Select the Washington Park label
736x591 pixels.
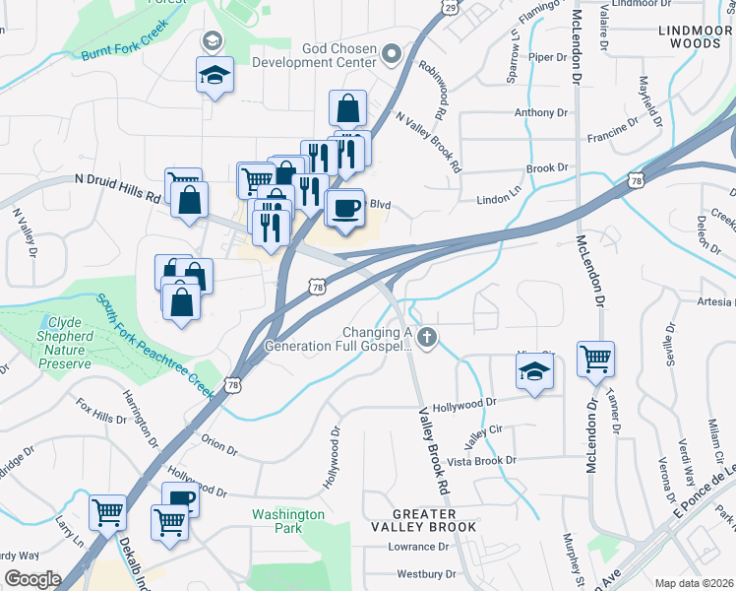click(288, 521)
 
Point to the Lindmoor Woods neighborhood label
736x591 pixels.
click(695, 37)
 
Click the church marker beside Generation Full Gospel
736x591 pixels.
click(426, 339)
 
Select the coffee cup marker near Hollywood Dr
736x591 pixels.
click(179, 501)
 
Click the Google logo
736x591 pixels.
click(31, 579)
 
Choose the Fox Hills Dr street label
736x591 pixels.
click(101, 411)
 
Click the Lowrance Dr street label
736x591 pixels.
click(417, 547)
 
